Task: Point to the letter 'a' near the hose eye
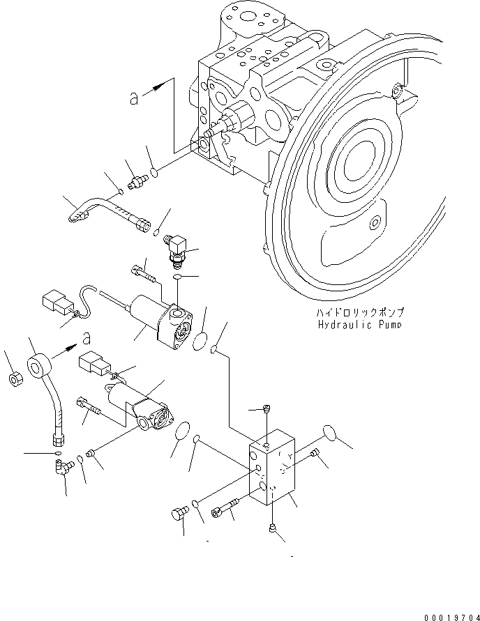(x=86, y=338)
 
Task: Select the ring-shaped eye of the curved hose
(x=40, y=367)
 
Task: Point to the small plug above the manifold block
(x=266, y=411)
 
